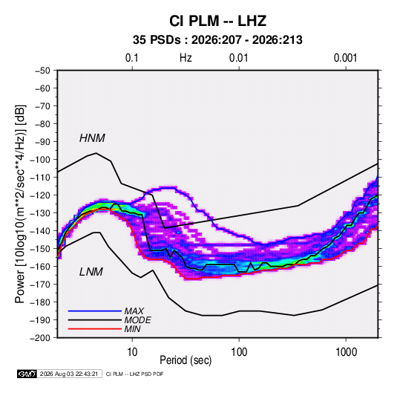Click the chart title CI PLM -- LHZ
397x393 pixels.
click(x=217, y=21)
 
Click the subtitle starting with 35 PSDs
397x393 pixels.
click(x=217, y=40)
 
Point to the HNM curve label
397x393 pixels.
click(x=92, y=138)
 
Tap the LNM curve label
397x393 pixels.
click(x=91, y=272)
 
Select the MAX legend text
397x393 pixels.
click(x=134, y=311)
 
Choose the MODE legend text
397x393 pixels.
click(x=138, y=320)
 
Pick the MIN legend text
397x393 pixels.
click(x=132, y=329)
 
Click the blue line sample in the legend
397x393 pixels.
click(x=95, y=311)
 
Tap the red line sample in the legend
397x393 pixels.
click(x=95, y=329)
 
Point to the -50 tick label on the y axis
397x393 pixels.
click(x=42, y=71)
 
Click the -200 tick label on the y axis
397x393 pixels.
click(x=40, y=338)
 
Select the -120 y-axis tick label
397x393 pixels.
click(x=40, y=195)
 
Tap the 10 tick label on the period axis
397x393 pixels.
click(x=132, y=352)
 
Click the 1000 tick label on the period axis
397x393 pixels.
click(x=346, y=352)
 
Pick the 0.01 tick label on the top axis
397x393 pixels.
click(x=239, y=58)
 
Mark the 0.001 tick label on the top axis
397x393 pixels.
click(x=346, y=58)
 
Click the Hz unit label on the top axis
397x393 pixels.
click(x=186, y=58)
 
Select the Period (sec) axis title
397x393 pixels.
click(x=186, y=360)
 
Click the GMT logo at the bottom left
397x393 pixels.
click(x=27, y=374)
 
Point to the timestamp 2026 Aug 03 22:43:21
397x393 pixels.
click(x=69, y=374)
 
